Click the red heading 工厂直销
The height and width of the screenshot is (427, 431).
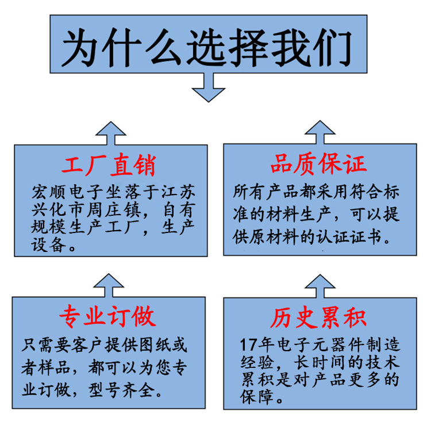pyautogui.click(x=108, y=165)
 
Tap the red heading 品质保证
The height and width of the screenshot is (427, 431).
pyautogui.click(x=318, y=164)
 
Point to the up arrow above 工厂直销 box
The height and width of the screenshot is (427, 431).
pyautogui.click(x=110, y=133)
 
